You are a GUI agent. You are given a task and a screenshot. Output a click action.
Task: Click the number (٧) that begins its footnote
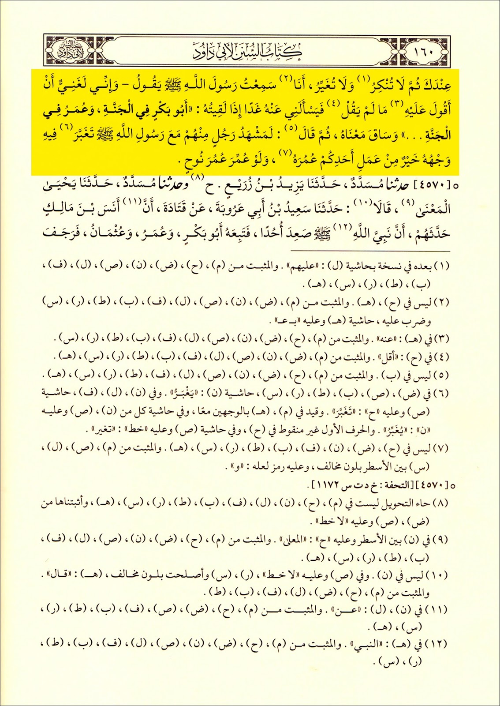[441, 449]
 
